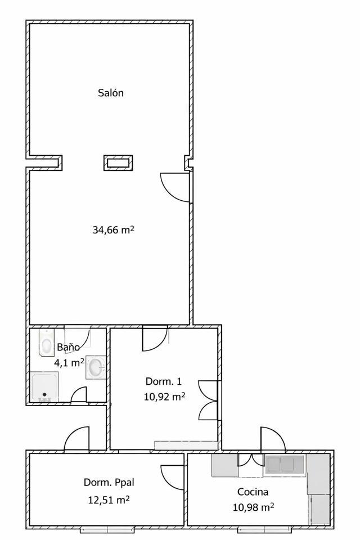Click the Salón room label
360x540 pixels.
pos(111,93)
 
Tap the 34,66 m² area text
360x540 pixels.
pos(113,229)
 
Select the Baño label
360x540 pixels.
pos(68,347)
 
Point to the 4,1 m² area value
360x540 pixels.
pos(69,363)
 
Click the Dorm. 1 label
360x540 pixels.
pos(163,381)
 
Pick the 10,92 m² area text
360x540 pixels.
pos(164,397)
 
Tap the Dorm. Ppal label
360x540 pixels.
pos(109,483)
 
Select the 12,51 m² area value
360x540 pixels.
pos(109,499)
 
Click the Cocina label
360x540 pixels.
pos(253,492)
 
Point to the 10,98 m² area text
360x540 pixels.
pos(253,507)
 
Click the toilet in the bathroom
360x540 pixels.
pos(46,343)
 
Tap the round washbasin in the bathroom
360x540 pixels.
pos(96,367)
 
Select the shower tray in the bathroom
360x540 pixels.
pos(44,387)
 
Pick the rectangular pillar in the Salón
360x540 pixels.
pos(118,163)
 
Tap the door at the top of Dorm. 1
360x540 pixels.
pos(155,339)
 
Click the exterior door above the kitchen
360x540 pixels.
pos(273,439)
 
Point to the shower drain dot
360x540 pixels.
pos(44,395)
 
